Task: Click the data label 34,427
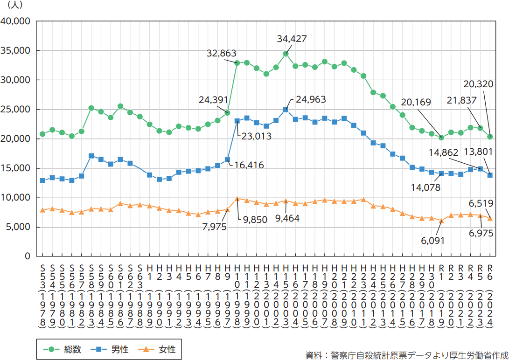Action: (x=292, y=39)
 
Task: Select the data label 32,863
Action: (x=222, y=53)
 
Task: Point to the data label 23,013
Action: (x=256, y=137)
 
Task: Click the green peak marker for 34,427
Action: (x=286, y=54)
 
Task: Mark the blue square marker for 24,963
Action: (x=286, y=110)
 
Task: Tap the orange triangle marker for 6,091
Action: (x=441, y=221)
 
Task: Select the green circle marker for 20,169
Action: (x=441, y=138)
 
